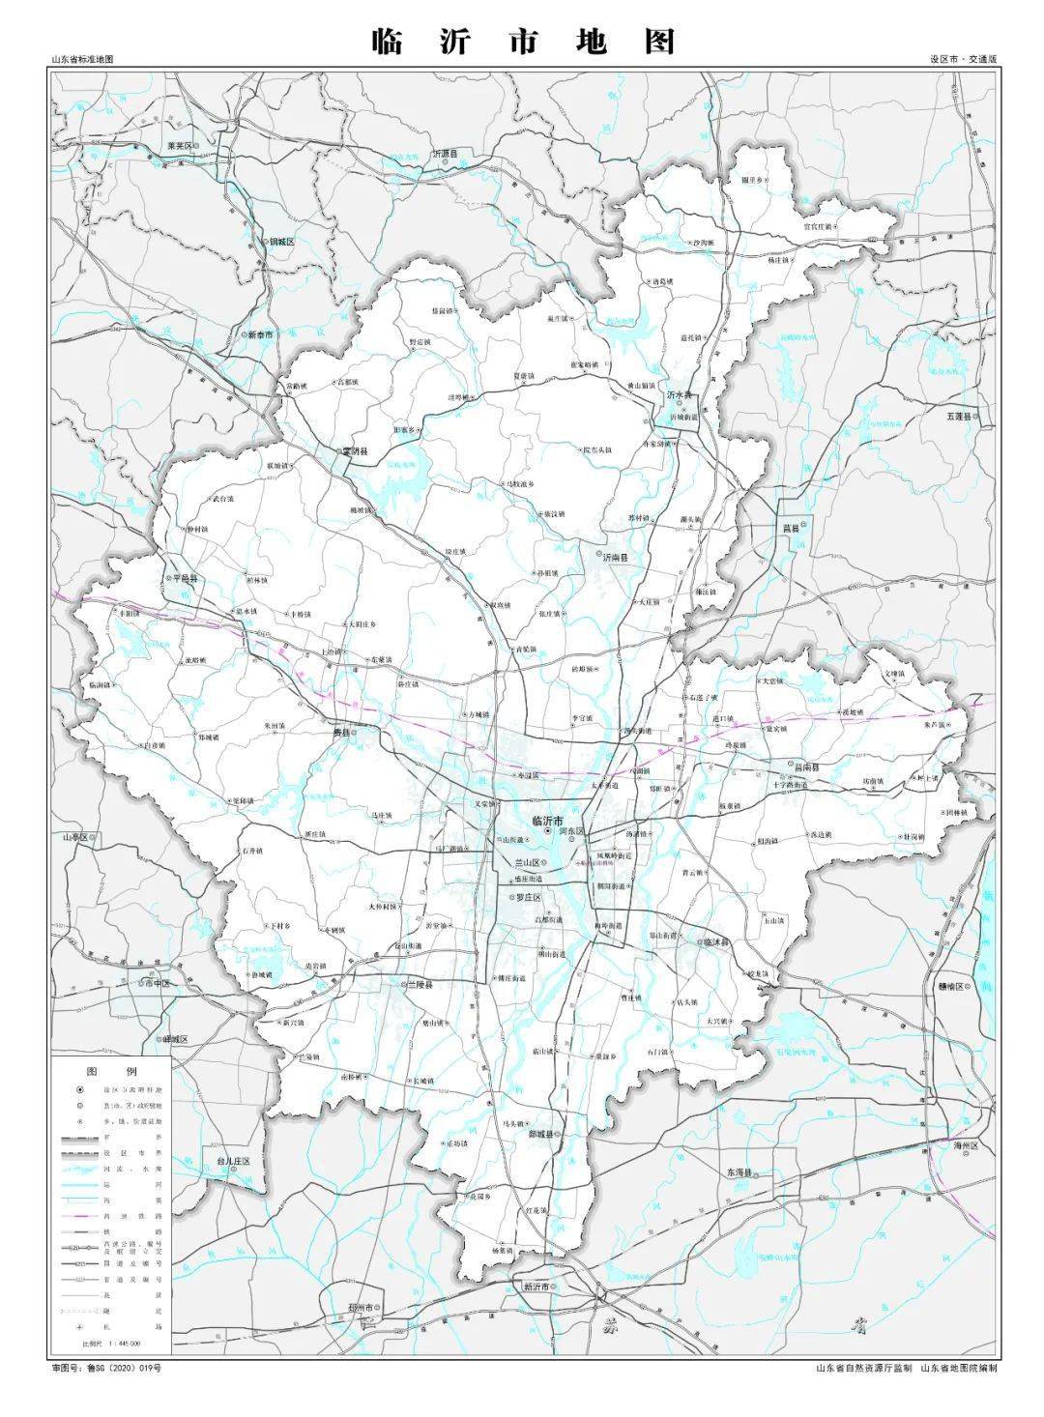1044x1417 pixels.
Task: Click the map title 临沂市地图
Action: (523, 42)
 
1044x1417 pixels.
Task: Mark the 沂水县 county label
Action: (681, 396)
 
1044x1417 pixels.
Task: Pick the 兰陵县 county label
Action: (417, 984)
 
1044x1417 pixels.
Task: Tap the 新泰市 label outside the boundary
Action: (259, 334)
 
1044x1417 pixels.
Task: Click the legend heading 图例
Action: (112, 1072)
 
